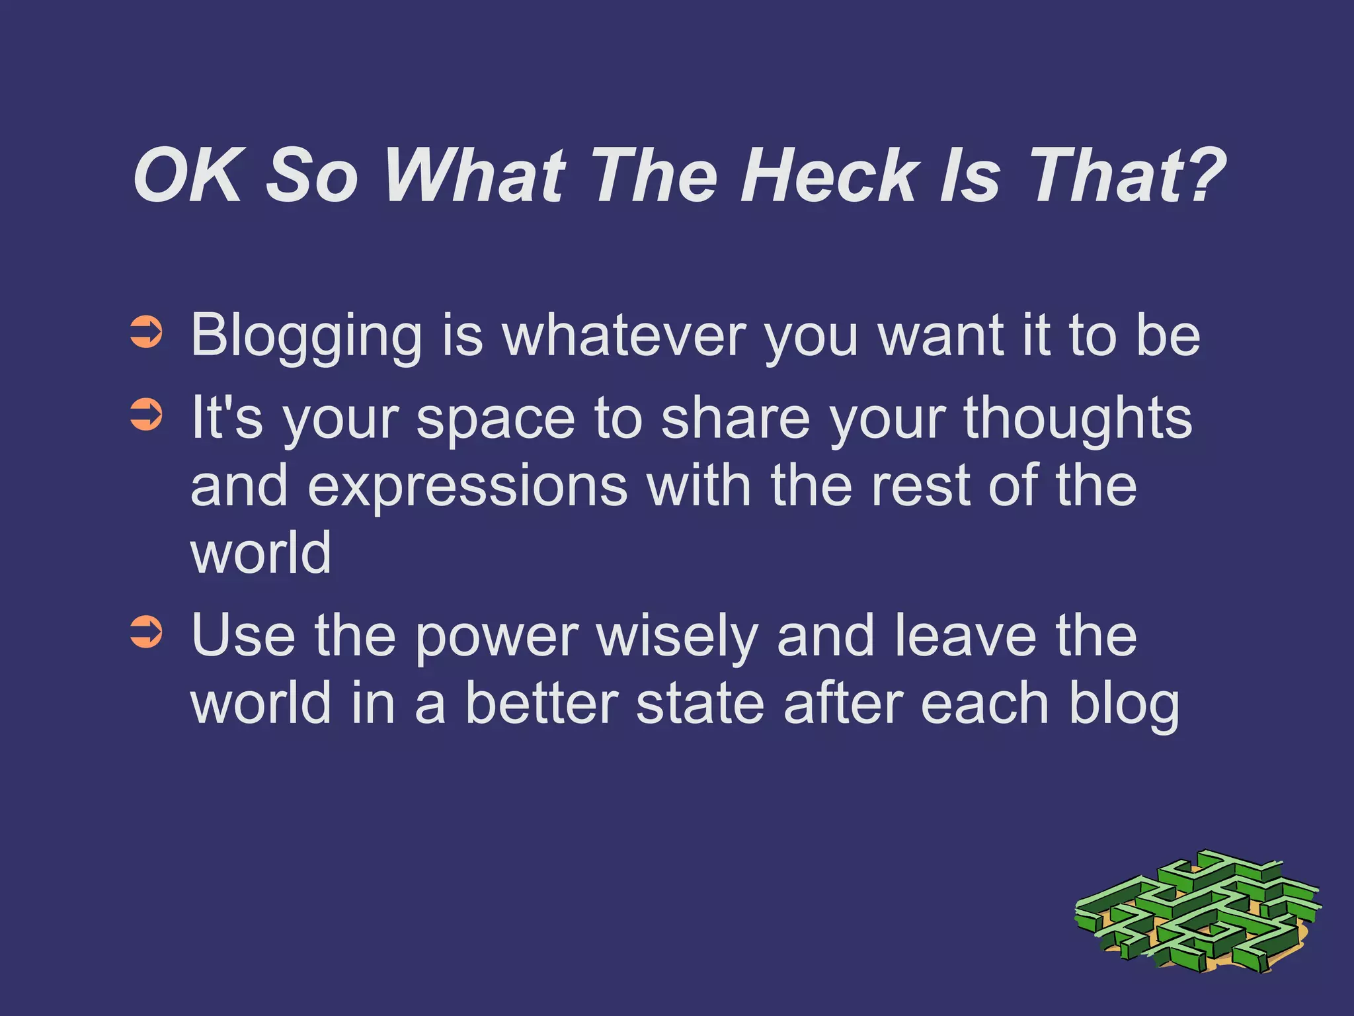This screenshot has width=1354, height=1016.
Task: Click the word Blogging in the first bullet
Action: click(x=306, y=336)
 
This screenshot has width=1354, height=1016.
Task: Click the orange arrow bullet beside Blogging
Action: click(x=146, y=333)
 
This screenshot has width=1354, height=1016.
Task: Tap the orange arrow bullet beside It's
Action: click(x=146, y=415)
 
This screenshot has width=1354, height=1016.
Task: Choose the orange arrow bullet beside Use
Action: click(x=146, y=632)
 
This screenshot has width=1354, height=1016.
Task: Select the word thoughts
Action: click(x=1078, y=419)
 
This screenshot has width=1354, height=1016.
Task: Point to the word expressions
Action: click(x=467, y=487)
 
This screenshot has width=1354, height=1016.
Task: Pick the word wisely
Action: click(x=677, y=636)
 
